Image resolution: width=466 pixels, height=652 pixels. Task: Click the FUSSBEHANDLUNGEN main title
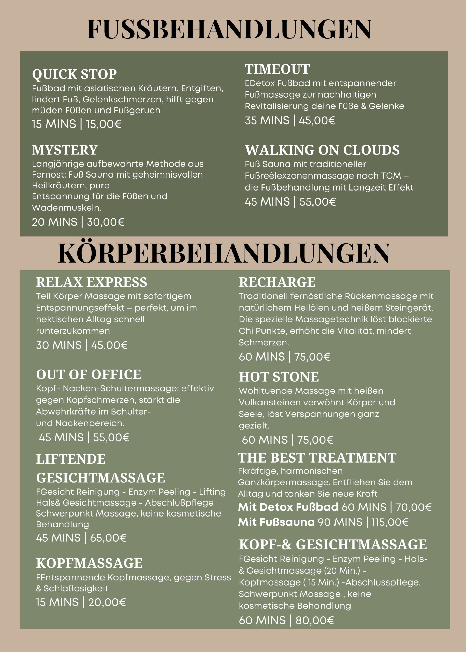tap(229, 29)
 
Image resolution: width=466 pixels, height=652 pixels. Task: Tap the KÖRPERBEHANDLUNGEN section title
tap(224, 253)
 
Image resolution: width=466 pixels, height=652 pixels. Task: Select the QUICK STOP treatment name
tap(74, 74)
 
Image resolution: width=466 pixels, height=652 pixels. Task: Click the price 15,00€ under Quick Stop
tap(104, 124)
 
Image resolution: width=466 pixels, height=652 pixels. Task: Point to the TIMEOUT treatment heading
tap(277, 69)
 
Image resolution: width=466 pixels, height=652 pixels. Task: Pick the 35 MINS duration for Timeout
tap(267, 120)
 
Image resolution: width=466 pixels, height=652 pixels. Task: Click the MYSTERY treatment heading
tap(65, 150)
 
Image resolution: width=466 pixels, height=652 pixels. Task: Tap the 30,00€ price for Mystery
tap(105, 222)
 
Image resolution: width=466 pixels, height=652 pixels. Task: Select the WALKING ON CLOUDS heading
tap(322, 150)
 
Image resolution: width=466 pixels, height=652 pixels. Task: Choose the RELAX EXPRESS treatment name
tap(92, 282)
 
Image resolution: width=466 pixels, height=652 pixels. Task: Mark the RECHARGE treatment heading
tap(277, 282)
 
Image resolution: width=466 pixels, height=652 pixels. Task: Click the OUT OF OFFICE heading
tap(89, 375)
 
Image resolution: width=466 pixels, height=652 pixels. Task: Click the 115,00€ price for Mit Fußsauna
tap(390, 522)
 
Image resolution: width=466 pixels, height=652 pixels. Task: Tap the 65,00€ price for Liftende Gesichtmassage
tap(108, 538)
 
